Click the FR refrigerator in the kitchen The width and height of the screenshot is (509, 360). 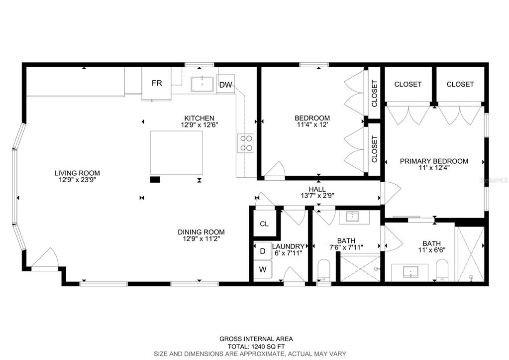tap(156, 84)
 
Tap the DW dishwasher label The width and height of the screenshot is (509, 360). tap(225, 85)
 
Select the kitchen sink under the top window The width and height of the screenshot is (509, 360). tap(202, 85)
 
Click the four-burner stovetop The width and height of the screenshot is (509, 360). tap(245, 143)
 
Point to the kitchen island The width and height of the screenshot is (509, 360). tap(177, 153)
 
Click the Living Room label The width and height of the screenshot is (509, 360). tap(77, 173)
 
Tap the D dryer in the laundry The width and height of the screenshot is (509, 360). tap(262, 251)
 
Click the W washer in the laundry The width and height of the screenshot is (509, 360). tap(262, 269)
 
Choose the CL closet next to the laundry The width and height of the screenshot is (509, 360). tap(264, 224)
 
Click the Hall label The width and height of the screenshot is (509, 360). tap(317, 189)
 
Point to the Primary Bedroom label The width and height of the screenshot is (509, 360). tap(434, 161)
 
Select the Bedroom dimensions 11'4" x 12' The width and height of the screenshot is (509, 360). tap(312, 124)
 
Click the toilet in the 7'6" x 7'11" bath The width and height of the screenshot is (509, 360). tap(323, 270)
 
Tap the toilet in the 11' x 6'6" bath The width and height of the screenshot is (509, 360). tap(441, 270)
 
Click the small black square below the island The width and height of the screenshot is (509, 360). tap(155, 179)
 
